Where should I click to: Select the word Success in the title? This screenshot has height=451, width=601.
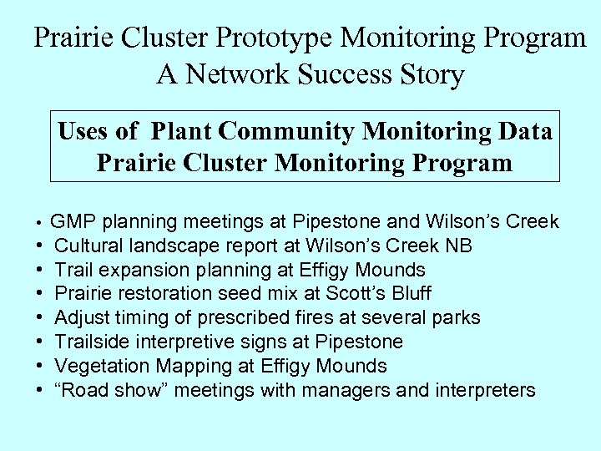point(350,75)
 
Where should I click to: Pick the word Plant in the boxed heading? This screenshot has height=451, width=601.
point(182,132)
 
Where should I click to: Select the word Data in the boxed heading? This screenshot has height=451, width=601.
point(523,132)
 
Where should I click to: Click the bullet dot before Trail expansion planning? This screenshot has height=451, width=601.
point(40,271)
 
